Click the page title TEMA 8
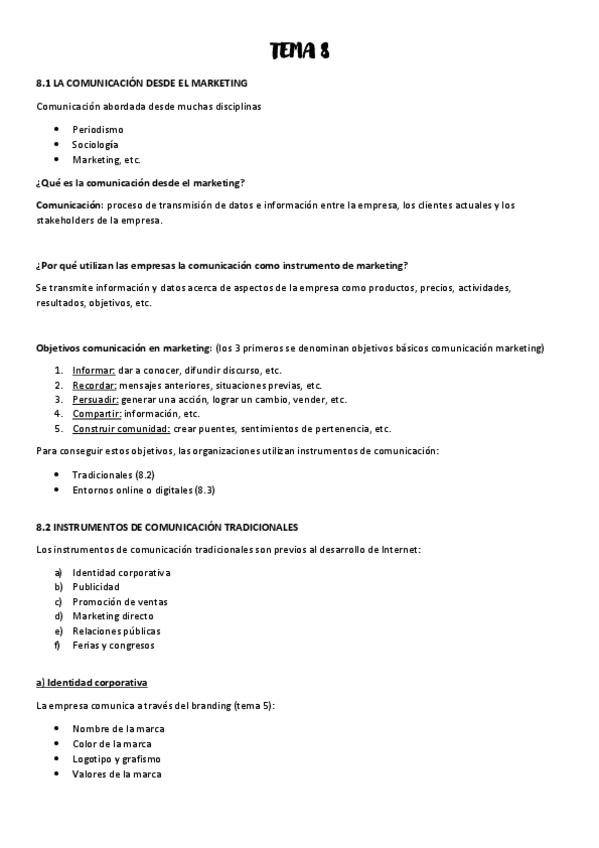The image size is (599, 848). pyautogui.click(x=299, y=52)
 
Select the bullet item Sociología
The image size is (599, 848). pyautogui.click(x=95, y=145)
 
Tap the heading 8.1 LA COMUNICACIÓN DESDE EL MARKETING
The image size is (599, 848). pyautogui.click(x=141, y=83)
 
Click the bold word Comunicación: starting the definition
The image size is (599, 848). pyautogui.click(x=66, y=206)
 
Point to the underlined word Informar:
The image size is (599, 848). pyautogui.click(x=94, y=370)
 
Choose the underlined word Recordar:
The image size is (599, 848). pyautogui.click(x=95, y=385)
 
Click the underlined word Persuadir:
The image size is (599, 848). pyautogui.click(x=95, y=399)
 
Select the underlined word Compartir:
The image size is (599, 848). pyautogui.click(x=97, y=414)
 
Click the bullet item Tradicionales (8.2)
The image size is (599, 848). pyautogui.click(x=112, y=475)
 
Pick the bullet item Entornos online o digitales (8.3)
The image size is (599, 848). pyautogui.click(x=143, y=490)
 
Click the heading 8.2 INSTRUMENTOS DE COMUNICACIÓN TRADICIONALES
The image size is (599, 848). pyautogui.click(x=166, y=526)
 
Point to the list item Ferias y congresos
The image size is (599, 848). pyautogui.click(x=113, y=646)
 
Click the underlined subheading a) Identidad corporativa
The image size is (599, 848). pyautogui.click(x=92, y=683)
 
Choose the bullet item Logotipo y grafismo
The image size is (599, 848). pyautogui.click(x=116, y=759)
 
